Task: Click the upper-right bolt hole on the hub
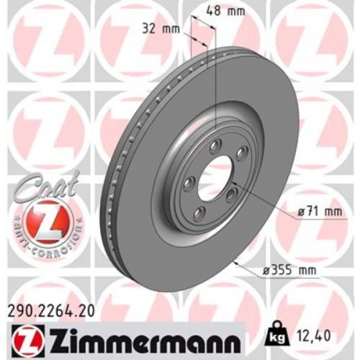pos(242,150)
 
